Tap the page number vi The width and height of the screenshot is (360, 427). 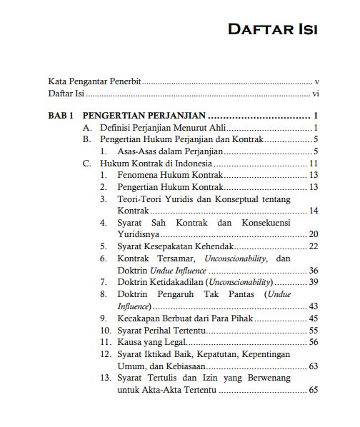(315, 94)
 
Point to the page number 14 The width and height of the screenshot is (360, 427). (314, 211)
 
